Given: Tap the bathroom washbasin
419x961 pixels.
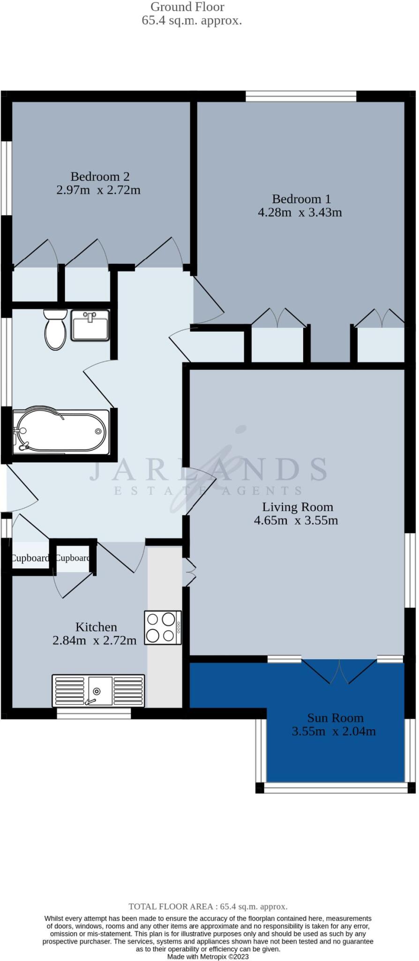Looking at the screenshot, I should click(90, 325).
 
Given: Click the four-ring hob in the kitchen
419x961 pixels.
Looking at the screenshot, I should click(163, 627).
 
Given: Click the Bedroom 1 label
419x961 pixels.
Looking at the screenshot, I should click(301, 198).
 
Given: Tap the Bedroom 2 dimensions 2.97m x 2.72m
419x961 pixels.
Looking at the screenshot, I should click(98, 190).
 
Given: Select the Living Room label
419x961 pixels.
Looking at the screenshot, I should click(298, 507).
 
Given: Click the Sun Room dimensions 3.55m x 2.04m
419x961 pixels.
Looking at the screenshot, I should click(334, 731).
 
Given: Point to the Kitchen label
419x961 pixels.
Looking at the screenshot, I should click(96, 627).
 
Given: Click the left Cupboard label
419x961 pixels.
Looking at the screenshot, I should click(30, 558).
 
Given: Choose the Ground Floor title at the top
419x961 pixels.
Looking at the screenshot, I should click(187, 7).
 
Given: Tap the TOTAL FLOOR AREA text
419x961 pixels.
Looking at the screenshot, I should click(208, 907).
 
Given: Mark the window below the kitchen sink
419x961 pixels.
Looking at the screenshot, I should click(94, 713).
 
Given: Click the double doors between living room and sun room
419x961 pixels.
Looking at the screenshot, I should click(339, 671).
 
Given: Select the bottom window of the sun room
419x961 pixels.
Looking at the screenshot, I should click(335, 788).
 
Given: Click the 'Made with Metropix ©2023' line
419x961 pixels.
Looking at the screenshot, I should click(208, 956).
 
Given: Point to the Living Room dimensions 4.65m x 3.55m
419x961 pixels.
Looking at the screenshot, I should click(296, 520).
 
